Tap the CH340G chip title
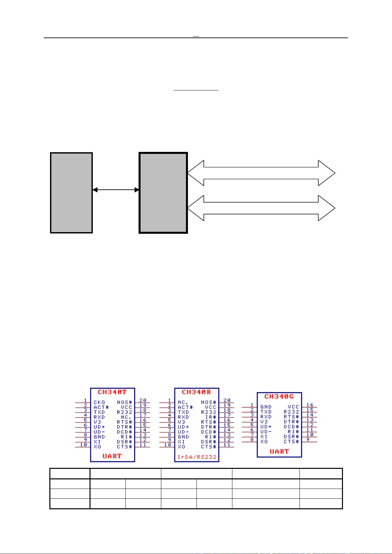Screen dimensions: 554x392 [279, 397]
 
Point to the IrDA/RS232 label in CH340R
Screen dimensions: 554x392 [196, 457]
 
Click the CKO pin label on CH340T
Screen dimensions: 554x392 [99, 402]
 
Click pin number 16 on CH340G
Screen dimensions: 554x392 [310, 405]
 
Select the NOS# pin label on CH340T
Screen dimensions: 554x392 [125, 402]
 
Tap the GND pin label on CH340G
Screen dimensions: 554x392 [266, 407]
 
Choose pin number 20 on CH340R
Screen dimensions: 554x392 [227, 400]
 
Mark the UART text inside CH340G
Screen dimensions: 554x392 [279, 451]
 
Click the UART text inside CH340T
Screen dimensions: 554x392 [112, 456]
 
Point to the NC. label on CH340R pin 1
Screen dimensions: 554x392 [183, 402]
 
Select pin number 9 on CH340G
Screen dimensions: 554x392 [308, 439]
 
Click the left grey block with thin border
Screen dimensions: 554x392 [71, 193]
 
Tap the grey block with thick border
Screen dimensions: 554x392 [163, 193]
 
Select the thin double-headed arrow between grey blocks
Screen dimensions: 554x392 [116, 190]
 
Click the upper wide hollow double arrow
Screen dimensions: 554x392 [261, 173]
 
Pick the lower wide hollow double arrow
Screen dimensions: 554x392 [261, 208]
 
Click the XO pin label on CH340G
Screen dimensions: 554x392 [264, 442]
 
